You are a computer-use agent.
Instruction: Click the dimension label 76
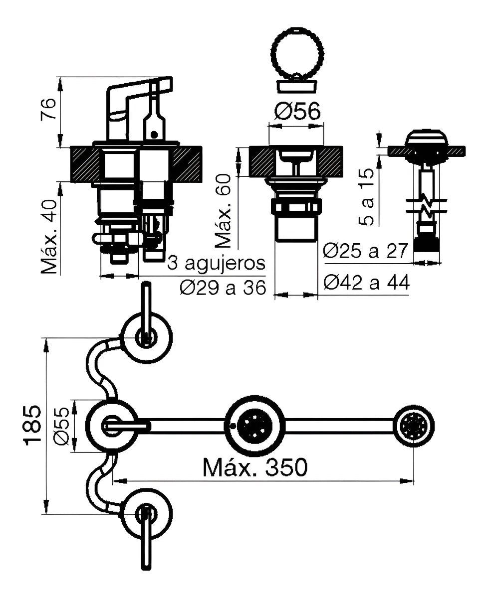coord(47,110)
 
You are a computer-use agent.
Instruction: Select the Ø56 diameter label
coord(297,112)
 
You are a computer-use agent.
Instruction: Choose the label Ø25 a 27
coord(366,251)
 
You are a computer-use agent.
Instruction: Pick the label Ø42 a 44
coord(366,283)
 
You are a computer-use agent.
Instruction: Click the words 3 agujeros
coord(216,263)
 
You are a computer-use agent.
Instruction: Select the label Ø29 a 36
coord(222,288)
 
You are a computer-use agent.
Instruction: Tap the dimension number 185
coord(32,425)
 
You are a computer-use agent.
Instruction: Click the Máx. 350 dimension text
coord(255,467)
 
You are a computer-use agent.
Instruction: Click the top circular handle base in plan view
coord(147,337)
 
